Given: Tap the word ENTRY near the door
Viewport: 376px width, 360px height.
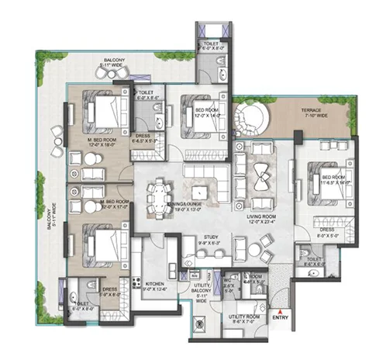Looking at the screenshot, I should (281, 317).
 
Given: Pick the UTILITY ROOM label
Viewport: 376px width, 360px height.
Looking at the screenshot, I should (243, 319).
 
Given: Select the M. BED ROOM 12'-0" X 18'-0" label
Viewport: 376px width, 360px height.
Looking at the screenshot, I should (102, 141).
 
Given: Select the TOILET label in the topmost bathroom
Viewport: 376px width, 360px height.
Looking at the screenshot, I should (210, 46).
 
